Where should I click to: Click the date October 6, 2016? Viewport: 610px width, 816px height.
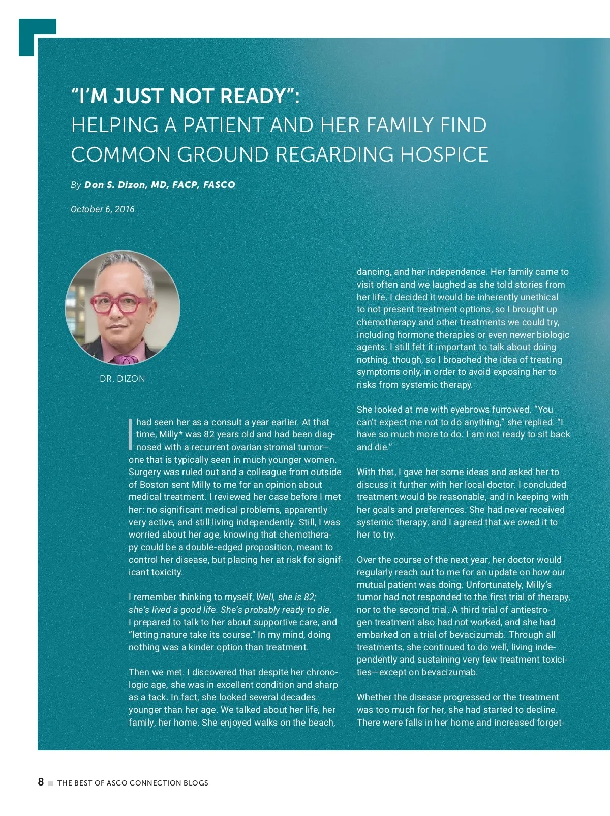point(103,209)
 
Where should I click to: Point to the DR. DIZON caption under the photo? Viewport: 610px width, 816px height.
point(123,379)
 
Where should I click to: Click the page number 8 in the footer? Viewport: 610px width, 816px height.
point(41,782)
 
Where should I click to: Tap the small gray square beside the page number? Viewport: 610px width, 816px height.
point(51,783)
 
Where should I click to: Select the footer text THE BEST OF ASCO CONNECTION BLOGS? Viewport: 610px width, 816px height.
point(133,783)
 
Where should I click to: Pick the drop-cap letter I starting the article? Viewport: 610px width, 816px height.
point(131,434)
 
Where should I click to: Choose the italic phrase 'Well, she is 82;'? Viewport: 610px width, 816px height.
point(286,597)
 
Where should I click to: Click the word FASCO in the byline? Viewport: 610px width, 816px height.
point(219,185)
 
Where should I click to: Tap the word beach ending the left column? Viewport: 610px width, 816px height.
point(321,723)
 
